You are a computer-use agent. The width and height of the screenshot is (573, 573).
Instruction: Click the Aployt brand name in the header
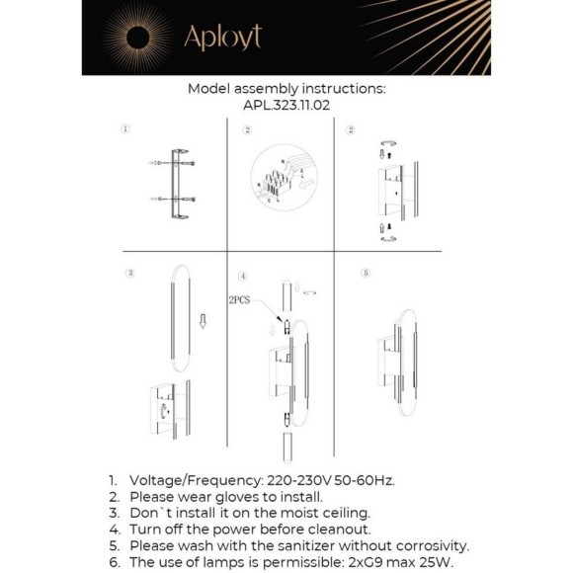pos(222,39)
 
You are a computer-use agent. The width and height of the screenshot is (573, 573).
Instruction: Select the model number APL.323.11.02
pos(286,103)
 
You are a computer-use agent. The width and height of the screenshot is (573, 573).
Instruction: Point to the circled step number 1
pos(125,129)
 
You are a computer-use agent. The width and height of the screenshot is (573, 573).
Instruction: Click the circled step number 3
pos(129,272)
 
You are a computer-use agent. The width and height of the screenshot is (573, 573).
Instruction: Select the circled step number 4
pos(242,275)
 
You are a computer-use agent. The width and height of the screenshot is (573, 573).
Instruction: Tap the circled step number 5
pos(366,272)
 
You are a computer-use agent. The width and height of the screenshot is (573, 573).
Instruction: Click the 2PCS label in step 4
pos(241,298)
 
